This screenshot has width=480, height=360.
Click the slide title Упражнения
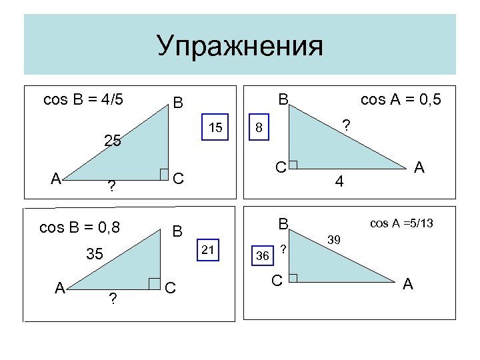point(240,47)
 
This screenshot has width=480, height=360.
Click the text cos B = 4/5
point(83,100)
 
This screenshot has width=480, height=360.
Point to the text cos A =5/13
point(402,223)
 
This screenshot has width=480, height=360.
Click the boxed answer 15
point(215,127)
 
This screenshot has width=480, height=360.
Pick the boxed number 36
point(263,255)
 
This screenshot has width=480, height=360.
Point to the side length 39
point(336,239)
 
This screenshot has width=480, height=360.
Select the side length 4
point(339,181)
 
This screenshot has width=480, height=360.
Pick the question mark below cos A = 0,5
point(345,125)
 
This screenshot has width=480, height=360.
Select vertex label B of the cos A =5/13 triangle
point(283,223)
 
